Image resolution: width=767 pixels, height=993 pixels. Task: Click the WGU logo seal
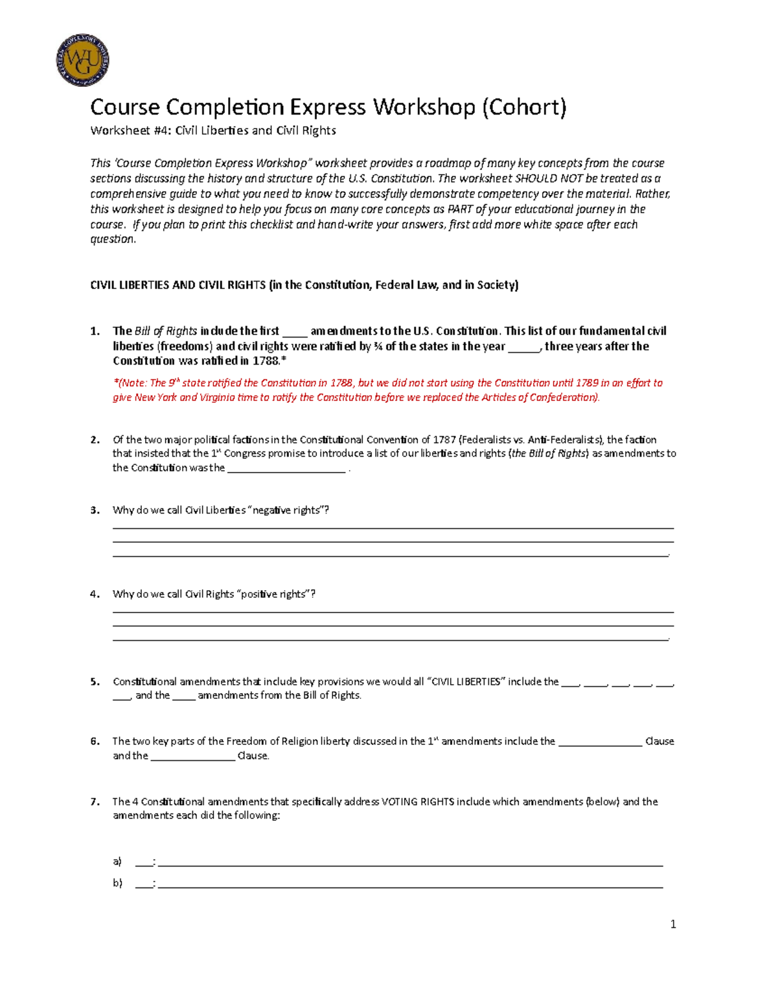(x=82, y=61)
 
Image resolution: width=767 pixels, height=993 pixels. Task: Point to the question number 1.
(x=95, y=331)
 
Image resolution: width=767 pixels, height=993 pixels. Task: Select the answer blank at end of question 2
(x=286, y=469)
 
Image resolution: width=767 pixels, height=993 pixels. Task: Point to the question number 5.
(x=95, y=682)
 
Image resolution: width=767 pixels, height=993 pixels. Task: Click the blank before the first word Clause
(x=600, y=742)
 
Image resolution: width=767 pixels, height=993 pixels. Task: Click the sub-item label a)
(x=117, y=861)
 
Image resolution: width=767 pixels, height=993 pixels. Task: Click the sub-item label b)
(x=117, y=883)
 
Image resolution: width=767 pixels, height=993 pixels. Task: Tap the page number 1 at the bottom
(x=673, y=924)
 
